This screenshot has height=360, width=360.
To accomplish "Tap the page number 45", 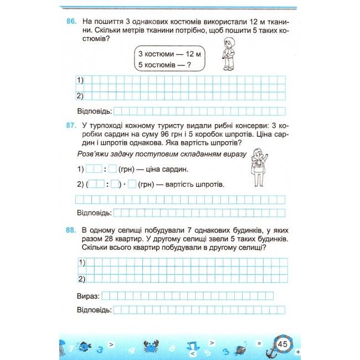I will click(x=282, y=344).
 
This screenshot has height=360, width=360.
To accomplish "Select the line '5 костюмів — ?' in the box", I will click(x=163, y=66).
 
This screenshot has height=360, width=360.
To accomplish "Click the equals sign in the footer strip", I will click(x=259, y=343).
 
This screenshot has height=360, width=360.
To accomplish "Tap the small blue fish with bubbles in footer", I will click(x=84, y=347).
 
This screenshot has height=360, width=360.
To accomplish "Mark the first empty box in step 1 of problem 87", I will click(x=94, y=169).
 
